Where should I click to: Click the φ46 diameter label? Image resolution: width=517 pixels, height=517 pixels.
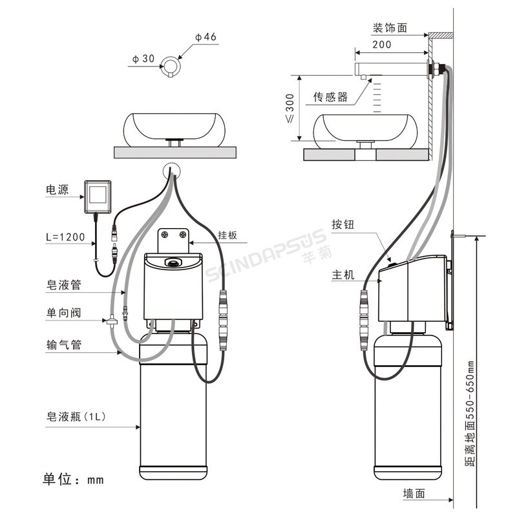pos(206,37)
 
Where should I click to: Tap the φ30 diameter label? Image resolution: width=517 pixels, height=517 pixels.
pos(143,59)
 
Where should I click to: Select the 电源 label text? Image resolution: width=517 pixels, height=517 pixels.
pos(58,189)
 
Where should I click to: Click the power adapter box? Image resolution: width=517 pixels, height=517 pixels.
pos(98,197)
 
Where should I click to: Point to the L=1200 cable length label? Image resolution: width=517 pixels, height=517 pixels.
pos(65,237)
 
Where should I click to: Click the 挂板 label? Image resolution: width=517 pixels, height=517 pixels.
pos(227,235)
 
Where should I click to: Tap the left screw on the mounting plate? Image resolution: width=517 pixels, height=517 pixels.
pos(165,235)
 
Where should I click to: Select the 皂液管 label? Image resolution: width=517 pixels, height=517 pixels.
pos(63,285)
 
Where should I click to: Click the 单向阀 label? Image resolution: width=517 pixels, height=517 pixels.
pos(63,313)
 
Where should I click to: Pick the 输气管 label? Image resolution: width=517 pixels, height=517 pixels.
pos(63,345)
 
